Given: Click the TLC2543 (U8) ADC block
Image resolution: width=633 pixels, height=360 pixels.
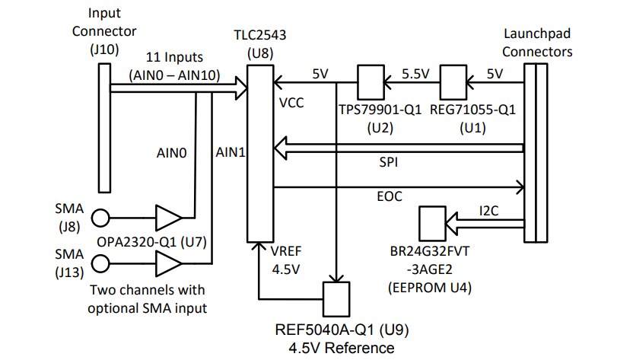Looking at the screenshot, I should (260, 152).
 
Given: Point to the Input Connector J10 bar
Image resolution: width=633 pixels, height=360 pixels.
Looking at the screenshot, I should (103, 129).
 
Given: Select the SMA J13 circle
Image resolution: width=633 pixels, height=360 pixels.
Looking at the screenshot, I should (100, 263).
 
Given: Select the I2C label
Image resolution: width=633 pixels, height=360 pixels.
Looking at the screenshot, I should (488, 210).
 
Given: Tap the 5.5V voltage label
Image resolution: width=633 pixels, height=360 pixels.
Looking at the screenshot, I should (415, 73).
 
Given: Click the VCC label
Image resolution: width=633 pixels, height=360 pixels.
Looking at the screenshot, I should (292, 102).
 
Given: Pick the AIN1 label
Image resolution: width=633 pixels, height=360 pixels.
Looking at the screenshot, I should (230, 152).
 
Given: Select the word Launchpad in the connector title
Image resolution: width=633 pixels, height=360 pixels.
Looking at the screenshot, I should (538, 36).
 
